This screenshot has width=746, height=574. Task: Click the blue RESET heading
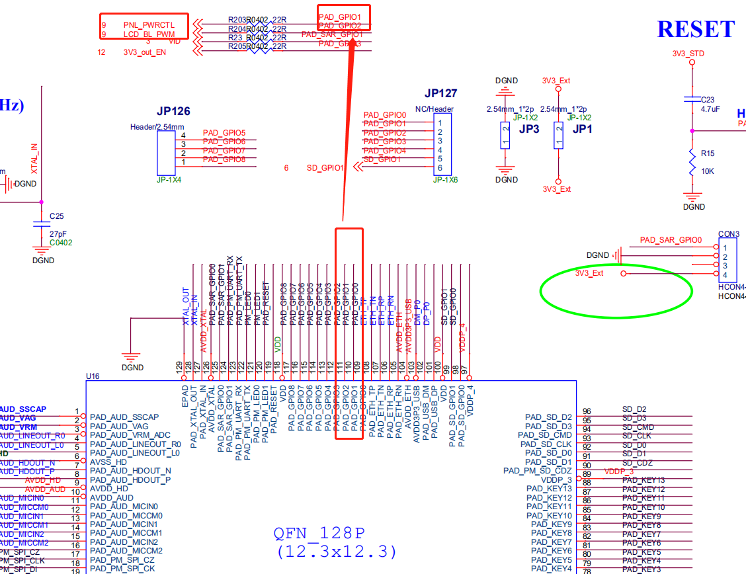coord(696,29)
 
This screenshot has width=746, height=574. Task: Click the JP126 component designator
coord(173,112)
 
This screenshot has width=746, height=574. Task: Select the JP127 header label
coord(440,94)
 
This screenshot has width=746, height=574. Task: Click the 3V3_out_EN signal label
coord(144,52)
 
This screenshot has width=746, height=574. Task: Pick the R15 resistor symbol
coord(692,163)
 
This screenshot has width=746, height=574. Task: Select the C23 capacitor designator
coord(708,101)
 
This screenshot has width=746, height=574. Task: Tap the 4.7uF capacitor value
coord(710,109)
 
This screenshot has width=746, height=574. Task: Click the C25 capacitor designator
coord(56,216)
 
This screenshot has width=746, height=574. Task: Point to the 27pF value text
coord(58,234)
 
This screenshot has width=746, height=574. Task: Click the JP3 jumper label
coord(529,130)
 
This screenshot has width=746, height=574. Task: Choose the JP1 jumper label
coord(583,130)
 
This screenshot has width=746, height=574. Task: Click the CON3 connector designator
coord(729,234)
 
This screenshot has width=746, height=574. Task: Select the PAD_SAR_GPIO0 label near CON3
coord(671,240)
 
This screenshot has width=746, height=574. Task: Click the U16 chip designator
coord(93,376)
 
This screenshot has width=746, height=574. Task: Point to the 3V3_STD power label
coord(688,54)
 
